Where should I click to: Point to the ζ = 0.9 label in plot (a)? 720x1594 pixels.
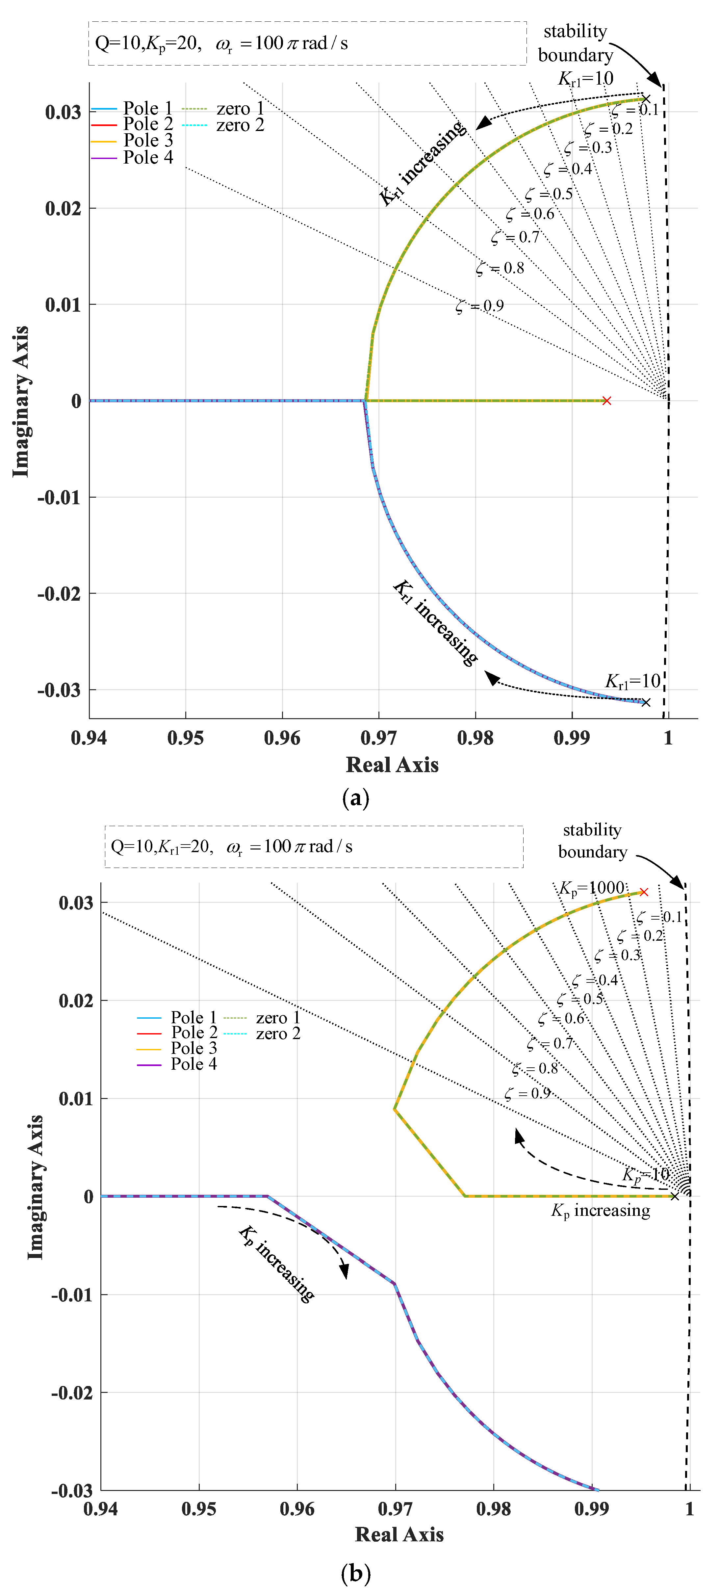click(x=480, y=306)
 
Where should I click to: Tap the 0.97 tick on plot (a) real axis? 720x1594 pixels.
click(x=378, y=738)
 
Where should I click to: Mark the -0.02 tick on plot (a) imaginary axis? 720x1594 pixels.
click(x=59, y=593)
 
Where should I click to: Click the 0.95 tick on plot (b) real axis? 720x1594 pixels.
click(x=199, y=1509)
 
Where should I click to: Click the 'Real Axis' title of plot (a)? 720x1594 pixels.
click(x=392, y=765)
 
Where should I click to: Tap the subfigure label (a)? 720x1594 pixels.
click(x=356, y=798)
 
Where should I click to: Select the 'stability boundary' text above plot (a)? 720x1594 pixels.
click(x=575, y=43)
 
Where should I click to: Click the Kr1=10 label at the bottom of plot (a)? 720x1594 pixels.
click(x=632, y=681)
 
